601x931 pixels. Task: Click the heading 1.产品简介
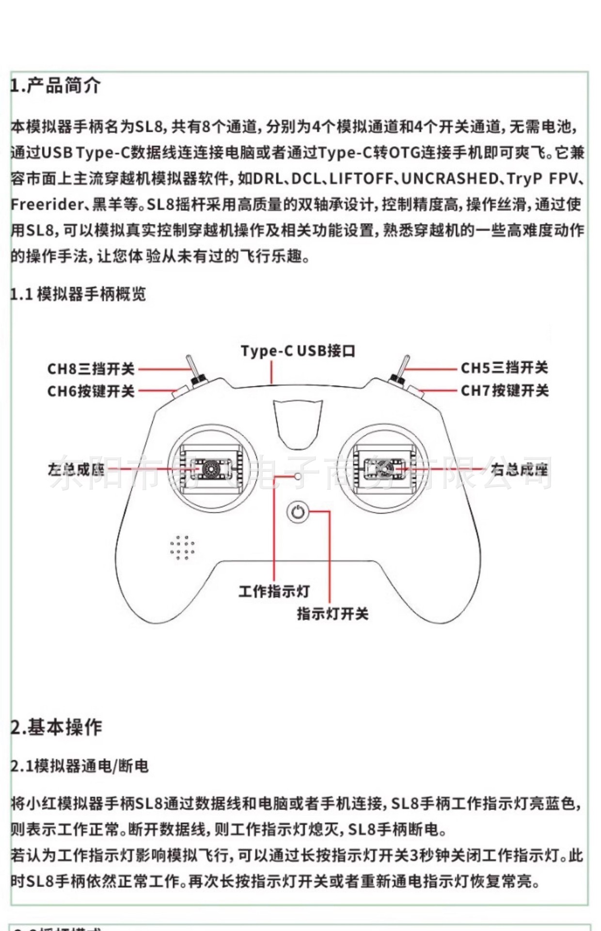click(56, 86)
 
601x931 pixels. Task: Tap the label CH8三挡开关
click(91, 369)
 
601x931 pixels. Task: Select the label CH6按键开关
click(91, 391)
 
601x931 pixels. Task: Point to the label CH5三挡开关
click(504, 368)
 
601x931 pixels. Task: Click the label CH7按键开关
click(505, 390)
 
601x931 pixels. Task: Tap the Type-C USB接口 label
click(298, 351)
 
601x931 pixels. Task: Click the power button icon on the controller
click(298, 512)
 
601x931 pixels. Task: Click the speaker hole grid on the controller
click(182, 548)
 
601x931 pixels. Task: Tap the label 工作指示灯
click(274, 592)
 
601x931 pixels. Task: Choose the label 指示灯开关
click(332, 614)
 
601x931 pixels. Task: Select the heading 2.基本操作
click(56, 727)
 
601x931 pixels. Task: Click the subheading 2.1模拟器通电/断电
click(79, 766)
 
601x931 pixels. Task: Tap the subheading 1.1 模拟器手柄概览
click(78, 294)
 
